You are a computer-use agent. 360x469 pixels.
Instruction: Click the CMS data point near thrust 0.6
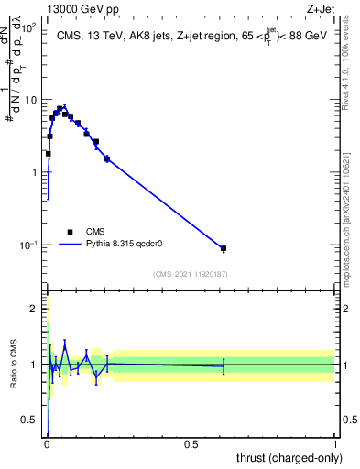point(223,248)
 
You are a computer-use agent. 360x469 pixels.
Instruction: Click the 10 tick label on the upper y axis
point(33,100)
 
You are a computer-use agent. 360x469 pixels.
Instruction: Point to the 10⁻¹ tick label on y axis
point(30,245)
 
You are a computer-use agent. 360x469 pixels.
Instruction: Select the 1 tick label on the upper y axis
point(37,172)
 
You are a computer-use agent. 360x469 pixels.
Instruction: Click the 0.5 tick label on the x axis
point(191,442)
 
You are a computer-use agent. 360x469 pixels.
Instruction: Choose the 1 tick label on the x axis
point(334,442)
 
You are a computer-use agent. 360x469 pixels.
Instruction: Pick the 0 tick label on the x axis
point(46,442)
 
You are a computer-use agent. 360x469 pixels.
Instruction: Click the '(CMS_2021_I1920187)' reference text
point(190,274)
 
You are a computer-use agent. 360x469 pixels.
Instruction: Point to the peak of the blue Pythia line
point(64,105)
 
